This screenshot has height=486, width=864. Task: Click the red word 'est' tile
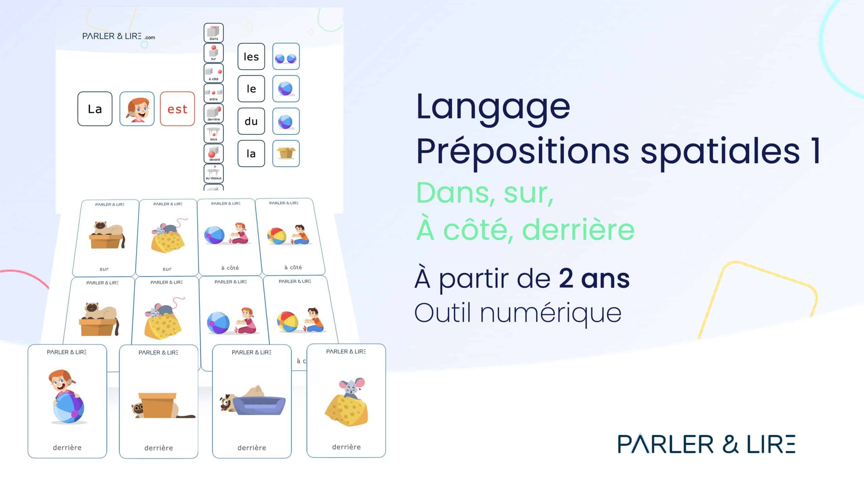[178, 109]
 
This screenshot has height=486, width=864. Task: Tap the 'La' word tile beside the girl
[95, 109]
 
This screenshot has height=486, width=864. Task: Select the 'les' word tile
[251, 56]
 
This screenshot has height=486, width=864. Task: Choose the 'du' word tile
[251, 121]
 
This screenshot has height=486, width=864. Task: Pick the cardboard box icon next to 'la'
[286, 153]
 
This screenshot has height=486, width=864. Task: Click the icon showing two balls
[286, 56]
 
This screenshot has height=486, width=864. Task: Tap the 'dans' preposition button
[214, 33]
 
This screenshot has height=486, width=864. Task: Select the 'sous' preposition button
[214, 133]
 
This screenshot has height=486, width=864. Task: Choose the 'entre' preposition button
[214, 93]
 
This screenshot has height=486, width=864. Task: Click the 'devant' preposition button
[214, 153]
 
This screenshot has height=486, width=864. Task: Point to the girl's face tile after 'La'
[137, 109]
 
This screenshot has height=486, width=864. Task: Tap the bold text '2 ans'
[594, 279]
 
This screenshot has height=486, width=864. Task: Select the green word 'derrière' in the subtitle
[578, 230]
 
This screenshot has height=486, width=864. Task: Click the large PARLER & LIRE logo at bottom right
[707, 444]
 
